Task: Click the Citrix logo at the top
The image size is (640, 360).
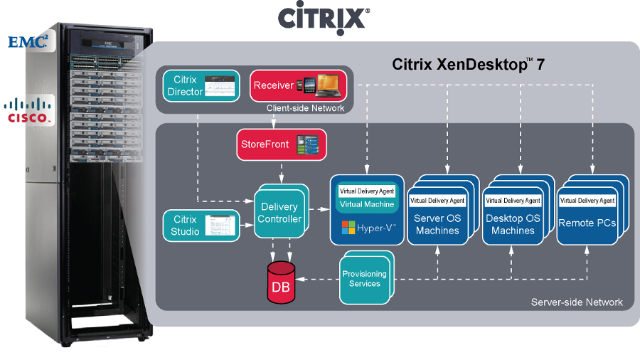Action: [324, 18]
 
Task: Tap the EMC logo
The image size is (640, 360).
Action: [28, 41]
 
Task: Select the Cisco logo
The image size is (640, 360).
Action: [27, 110]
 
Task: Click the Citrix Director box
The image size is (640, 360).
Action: [201, 85]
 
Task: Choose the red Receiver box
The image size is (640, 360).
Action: [299, 85]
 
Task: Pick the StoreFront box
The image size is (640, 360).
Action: [282, 144]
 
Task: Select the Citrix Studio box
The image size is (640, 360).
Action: [201, 226]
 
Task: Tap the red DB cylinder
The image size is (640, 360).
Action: [281, 282]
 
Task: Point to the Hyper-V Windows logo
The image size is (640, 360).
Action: [348, 228]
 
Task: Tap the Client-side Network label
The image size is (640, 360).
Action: [305, 108]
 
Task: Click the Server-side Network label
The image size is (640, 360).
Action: [577, 302]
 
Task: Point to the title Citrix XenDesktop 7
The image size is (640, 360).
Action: [468, 64]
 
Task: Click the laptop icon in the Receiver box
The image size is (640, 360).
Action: [329, 85]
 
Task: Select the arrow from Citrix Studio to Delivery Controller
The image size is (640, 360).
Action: [247, 225]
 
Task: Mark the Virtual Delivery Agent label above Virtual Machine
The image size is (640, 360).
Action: [367, 191]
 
